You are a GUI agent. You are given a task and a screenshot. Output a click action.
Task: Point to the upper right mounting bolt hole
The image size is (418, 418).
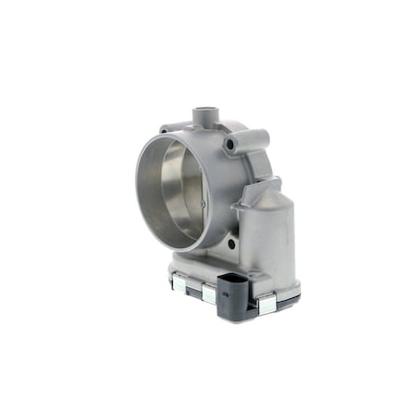pyautogui.click(x=230, y=145)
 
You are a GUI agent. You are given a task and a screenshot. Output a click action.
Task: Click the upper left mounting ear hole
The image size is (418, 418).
pyautogui.click(x=165, y=129)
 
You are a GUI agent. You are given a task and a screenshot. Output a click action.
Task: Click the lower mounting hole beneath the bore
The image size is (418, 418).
pyautogui.click(x=230, y=243)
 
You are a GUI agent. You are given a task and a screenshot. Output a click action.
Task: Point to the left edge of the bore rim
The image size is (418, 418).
pyautogui.click(x=137, y=191)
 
